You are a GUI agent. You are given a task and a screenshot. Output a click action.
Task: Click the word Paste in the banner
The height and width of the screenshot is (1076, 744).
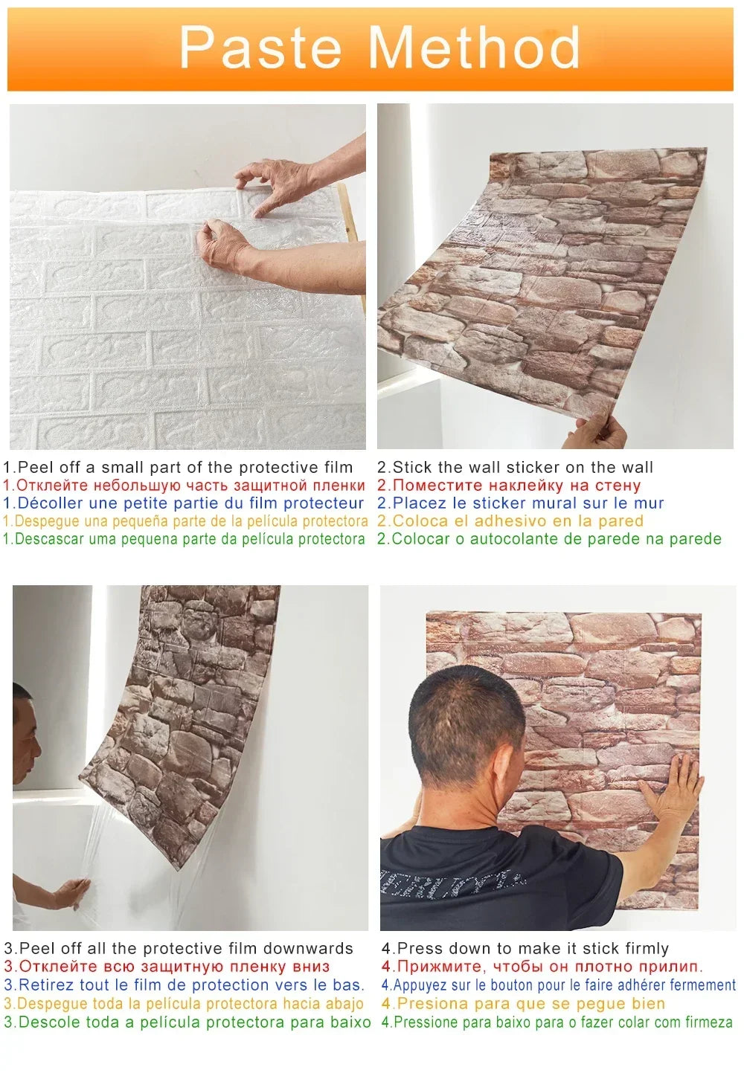tap(260, 48)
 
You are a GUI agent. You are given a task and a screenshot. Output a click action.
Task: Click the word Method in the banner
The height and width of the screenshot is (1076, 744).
tap(474, 48)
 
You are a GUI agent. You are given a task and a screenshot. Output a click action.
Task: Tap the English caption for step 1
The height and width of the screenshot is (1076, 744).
tap(179, 468)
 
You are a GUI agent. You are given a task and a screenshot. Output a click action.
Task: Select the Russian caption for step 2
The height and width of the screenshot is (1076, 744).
tap(509, 486)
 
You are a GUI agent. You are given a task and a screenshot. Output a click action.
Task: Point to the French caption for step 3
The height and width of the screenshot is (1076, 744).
tap(185, 985)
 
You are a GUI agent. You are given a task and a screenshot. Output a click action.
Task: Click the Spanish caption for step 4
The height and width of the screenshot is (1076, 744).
tap(523, 1004)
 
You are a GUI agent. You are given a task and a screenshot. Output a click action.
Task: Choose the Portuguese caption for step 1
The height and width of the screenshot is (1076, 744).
tap(185, 539)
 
